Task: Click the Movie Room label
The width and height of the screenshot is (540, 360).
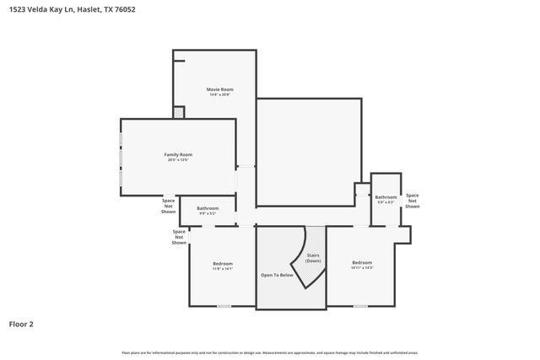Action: coord(220,89)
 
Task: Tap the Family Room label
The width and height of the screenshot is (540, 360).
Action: coord(178,155)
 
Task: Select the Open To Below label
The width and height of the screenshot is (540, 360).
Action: coord(277,275)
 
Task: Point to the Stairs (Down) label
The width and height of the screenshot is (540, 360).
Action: coord(313,257)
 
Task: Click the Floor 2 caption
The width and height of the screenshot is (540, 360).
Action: coord(21,323)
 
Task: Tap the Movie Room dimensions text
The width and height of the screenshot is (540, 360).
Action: coord(220,94)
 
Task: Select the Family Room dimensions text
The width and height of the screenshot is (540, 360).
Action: coord(178,160)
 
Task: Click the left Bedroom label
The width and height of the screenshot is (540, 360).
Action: coord(223,264)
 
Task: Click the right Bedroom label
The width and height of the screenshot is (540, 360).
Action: coord(362,263)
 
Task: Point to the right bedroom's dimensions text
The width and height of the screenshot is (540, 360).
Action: coord(362,268)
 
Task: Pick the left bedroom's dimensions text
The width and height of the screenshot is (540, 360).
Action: coord(223,269)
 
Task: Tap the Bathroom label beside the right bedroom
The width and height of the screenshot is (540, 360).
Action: coord(386,197)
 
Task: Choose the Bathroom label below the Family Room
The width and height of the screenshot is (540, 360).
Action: coord(208,208)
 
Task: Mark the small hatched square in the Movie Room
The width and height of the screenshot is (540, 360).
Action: coord(179,112)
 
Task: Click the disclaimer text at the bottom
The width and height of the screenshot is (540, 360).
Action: coord(270,352)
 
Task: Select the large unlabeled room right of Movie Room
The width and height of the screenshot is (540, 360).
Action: coord(309,152)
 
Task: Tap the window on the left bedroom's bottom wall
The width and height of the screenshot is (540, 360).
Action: coord(224,306)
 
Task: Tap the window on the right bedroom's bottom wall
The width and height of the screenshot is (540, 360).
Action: coord(360,306)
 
